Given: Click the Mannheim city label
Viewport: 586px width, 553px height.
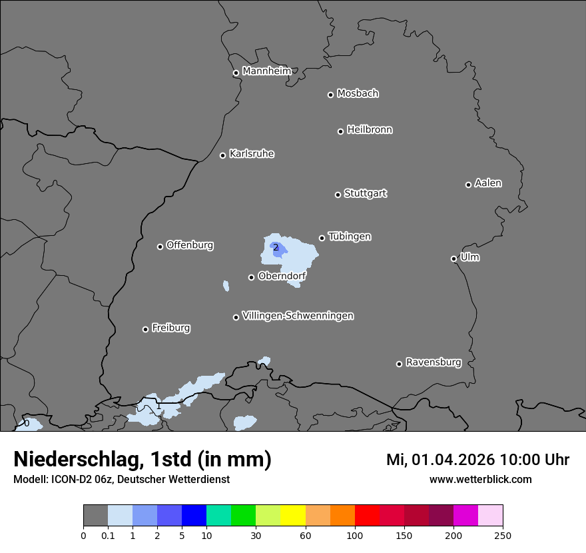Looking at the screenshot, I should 266,71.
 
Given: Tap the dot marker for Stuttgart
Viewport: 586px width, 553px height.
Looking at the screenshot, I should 338,195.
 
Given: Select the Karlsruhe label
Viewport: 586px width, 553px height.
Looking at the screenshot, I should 252,154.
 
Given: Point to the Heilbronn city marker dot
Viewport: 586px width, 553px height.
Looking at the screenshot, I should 340,131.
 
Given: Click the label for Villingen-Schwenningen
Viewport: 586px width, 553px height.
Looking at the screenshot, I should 298,316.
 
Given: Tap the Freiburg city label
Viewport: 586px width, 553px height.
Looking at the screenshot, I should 170,328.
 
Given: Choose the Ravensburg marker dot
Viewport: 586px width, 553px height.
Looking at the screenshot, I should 399,364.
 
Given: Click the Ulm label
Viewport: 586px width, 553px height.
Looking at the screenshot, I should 469,257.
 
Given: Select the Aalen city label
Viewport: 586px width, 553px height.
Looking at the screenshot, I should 488,183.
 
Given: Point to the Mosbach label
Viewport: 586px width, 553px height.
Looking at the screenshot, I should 358,94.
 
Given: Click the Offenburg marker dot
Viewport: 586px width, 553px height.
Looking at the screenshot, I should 160,247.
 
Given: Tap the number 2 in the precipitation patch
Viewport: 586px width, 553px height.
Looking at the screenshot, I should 276,248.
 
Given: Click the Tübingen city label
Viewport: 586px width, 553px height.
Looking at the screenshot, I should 350,237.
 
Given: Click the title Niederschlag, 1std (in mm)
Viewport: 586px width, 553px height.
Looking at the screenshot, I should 143,459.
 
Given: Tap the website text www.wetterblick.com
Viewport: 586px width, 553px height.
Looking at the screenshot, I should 480,479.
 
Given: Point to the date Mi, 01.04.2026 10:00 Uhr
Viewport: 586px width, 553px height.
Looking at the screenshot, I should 477,460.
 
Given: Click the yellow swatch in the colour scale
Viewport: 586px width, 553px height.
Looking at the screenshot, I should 293,516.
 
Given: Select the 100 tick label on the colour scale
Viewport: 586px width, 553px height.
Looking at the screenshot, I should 355,535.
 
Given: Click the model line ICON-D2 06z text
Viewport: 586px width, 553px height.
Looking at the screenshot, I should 121,479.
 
